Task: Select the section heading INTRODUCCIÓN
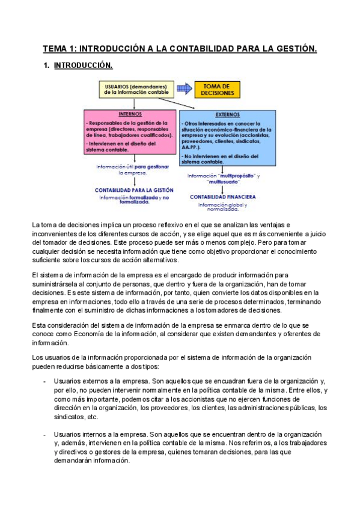coord(82,65)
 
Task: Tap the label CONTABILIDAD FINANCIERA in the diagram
coord(223,197)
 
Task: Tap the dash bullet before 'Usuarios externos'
coord(46,381)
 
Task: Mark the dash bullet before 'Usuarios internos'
coord(46,434)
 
